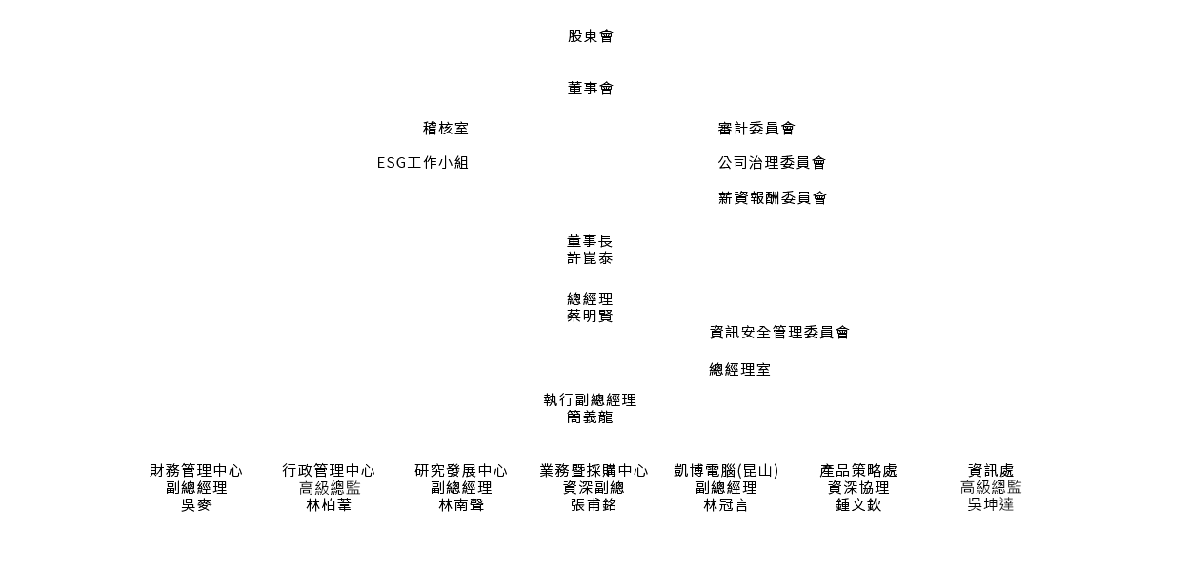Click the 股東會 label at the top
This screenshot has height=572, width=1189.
pyautogui.click(x=591, y=36)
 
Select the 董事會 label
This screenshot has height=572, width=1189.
pyautogui.click(x=591, y=89)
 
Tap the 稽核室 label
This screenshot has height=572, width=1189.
pyautogui.click(x=446, y=129)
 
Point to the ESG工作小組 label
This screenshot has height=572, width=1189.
pyautogui.click(x=423, y=163)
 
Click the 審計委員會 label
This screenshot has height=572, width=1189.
pyautogui.click(x=756, y=129)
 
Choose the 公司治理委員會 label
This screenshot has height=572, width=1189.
pyautogui.click(x=772, y=163)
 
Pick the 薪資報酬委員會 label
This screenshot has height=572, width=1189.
pyautogui.click(x=773, y=198)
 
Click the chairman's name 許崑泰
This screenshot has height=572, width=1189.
pyautogui.click(x=590, y=258)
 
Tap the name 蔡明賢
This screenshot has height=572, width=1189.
pyautogui.click(x=590, y=317)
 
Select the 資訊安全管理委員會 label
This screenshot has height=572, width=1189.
pyautogui.click(x=779, y=333)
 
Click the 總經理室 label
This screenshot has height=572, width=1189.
pyautogui.click(x=739, y=370)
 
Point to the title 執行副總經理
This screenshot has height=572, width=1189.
pyautogui.click(x=590, y=400)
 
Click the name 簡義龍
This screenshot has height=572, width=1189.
pyautogui.click(x=590, y=418)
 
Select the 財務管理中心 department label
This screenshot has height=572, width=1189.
pyautogui.click(x=196, y=471)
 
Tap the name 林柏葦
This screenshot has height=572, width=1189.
pyautogui.click(x=329, y=505)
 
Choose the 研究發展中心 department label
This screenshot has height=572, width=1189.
pyautogui.click(x=461, y=471)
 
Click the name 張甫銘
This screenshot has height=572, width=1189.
pyautogui.click(x=594, y=505)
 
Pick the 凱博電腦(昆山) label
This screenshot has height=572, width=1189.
pyautogui.click(x=726, y=471)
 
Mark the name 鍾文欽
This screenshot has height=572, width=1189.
pyautogui.click(x=858, y=505)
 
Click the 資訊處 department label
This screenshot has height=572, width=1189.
pyautogui.click(x=991, y=471)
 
